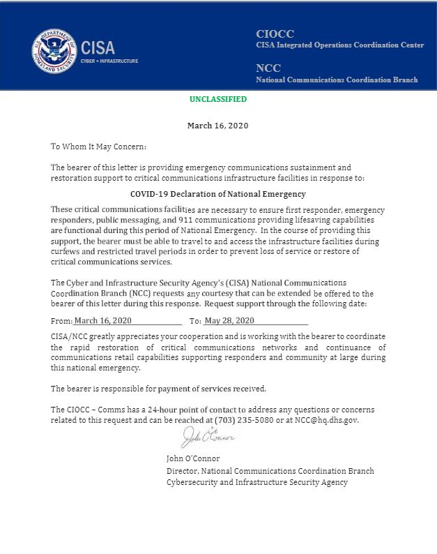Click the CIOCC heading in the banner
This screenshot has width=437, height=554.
coord(275,33)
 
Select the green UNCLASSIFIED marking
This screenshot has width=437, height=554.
coord(218,100)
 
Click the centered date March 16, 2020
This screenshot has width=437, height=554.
coord(218,126)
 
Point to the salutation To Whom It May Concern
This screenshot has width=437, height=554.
coord(98,147)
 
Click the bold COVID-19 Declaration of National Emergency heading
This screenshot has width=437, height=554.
coord(218,194)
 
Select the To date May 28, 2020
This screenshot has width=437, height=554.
coord(229,321)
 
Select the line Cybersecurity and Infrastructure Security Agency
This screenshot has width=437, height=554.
coord(256,482)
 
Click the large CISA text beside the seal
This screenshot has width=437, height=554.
coord(98,48)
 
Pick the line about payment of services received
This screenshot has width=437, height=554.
coord(158,389)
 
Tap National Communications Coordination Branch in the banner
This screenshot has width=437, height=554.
coord(337,80)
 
